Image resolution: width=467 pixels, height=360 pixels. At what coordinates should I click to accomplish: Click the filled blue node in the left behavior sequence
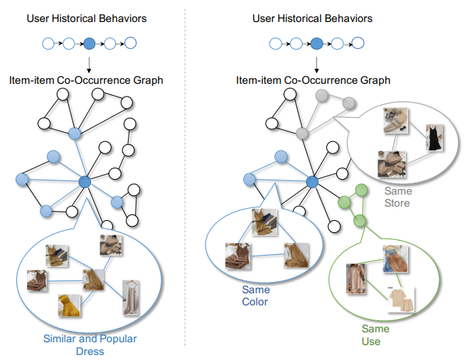click(x=90, y=44)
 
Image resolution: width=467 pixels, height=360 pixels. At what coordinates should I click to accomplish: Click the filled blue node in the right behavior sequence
click(x=316, y=44)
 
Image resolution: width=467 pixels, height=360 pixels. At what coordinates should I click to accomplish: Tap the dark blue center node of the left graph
click(x=85, y=182)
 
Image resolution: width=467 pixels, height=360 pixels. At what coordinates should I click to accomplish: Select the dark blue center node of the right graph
click(x=311, y=182)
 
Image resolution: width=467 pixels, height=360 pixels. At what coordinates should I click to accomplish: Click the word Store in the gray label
click(x=397, y=204)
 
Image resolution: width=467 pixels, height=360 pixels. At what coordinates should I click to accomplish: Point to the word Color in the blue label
click(x=255, y=302)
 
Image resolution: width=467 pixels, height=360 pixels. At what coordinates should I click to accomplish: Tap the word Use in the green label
click(x=371, y=342)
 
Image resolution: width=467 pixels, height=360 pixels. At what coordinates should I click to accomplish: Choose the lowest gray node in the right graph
click(x=303, y=133)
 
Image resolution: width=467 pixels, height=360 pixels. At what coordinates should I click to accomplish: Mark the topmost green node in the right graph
click(x=361, y=190)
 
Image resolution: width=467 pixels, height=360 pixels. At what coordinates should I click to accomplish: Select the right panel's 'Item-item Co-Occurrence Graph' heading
click(x=313, y=80)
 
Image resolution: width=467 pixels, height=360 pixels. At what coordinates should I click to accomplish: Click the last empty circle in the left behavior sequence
click(x=131, y=44)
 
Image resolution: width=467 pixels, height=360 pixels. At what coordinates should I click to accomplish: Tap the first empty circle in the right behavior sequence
click(x=274, y=44)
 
